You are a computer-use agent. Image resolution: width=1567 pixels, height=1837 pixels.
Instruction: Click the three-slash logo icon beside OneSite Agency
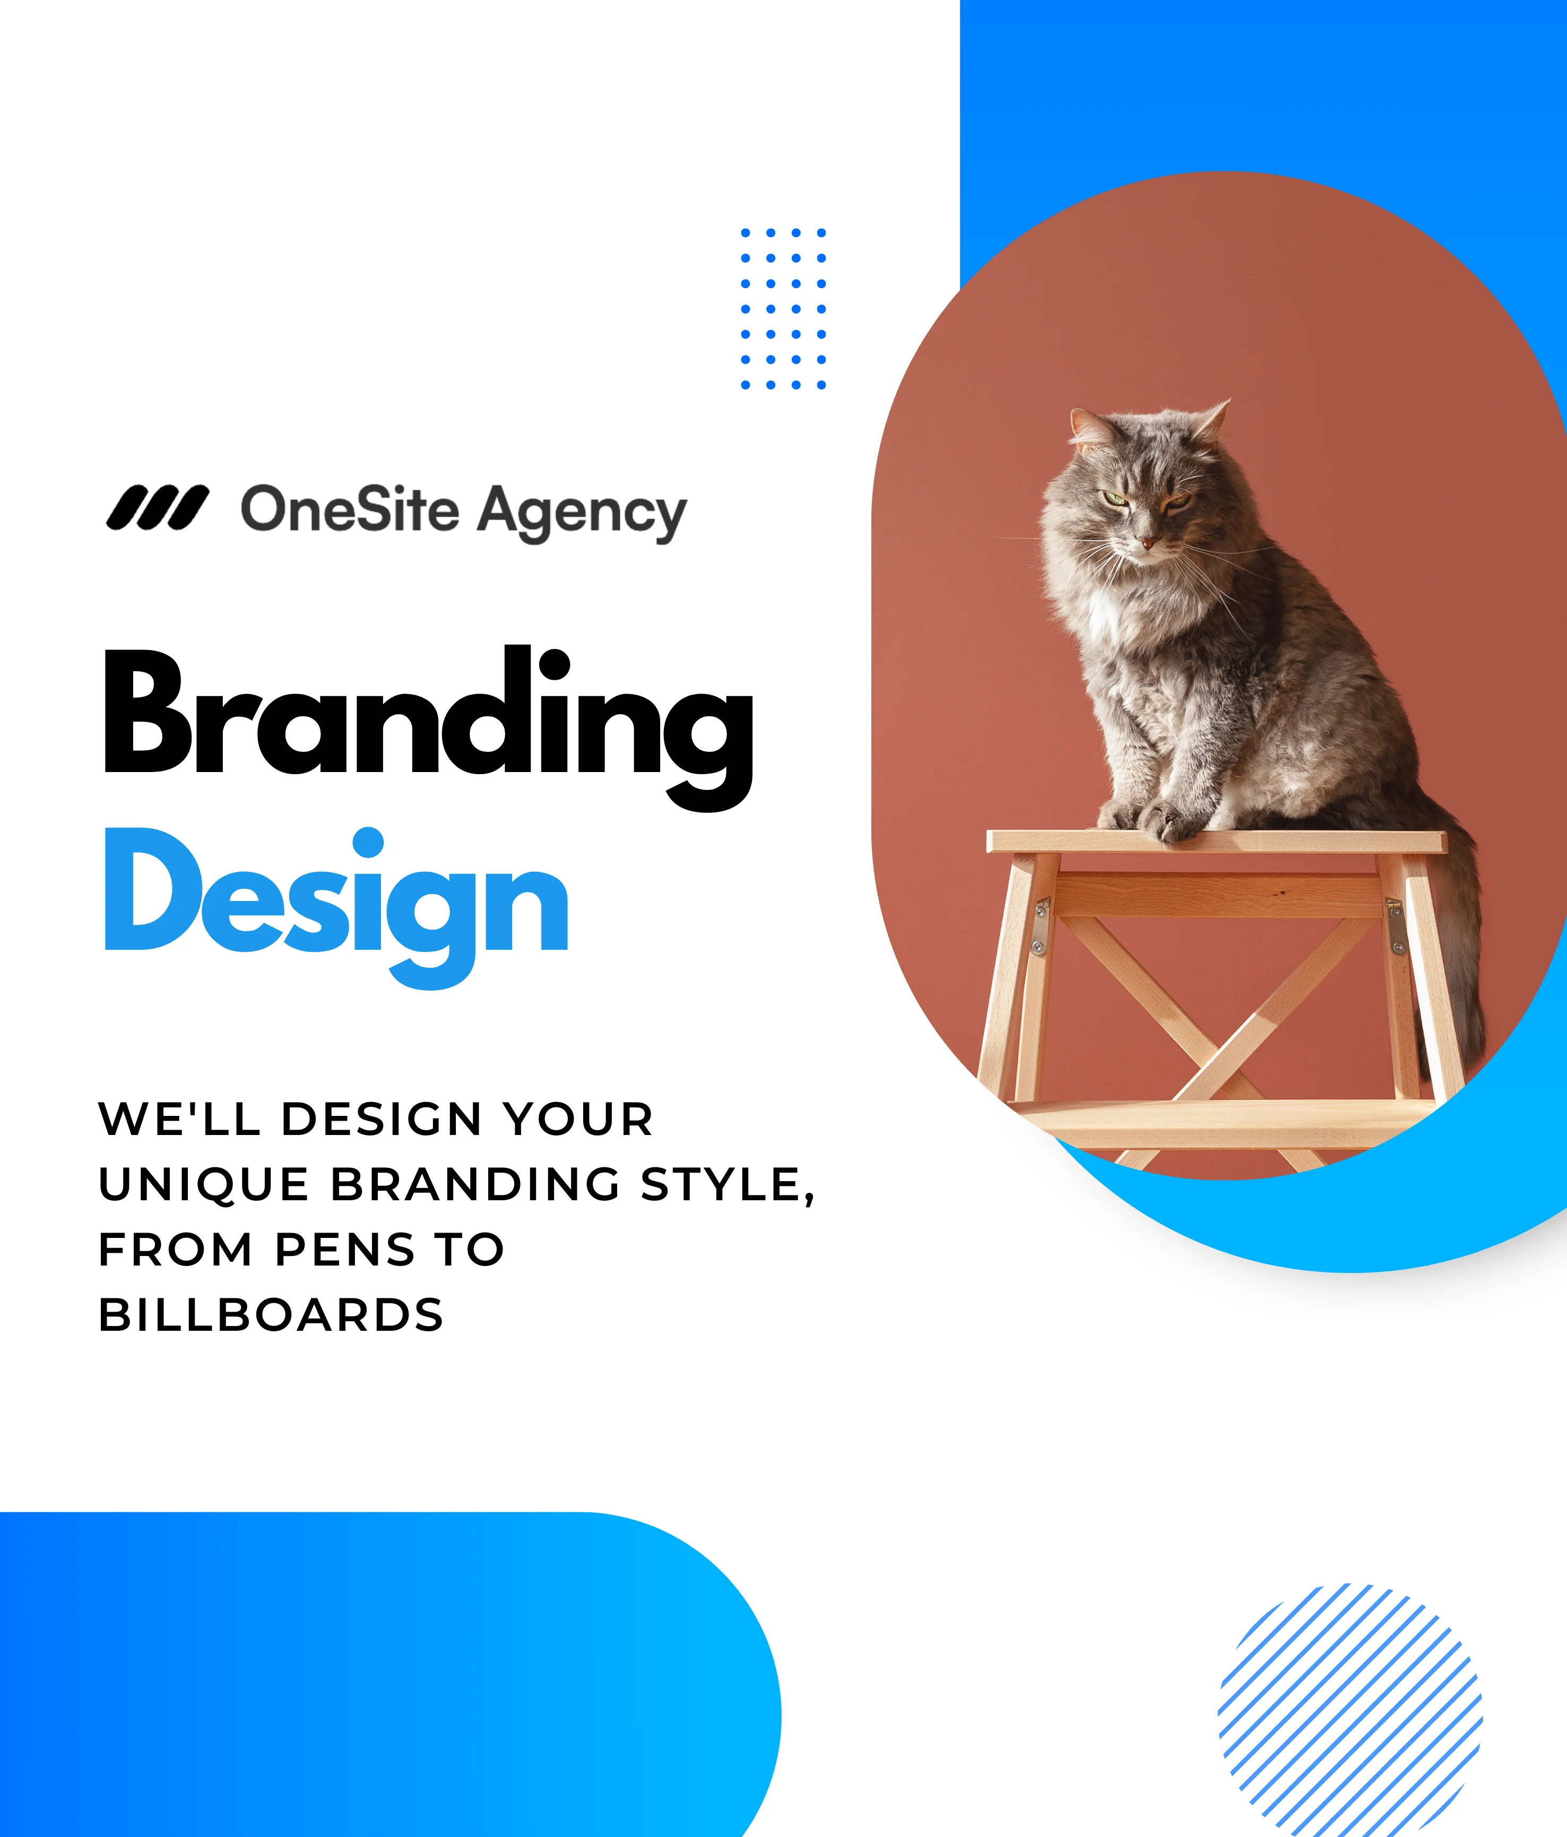point(157,508)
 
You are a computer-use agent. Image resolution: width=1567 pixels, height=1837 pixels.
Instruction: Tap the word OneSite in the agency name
point(350,510)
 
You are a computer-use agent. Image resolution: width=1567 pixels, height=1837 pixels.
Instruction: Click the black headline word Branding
point(428,727)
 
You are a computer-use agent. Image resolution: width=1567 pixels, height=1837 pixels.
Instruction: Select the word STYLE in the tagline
point(727,1185)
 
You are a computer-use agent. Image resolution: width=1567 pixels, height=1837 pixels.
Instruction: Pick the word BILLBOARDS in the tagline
point(271,1315)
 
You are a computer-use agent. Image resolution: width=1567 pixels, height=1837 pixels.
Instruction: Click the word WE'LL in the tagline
point(180,1119)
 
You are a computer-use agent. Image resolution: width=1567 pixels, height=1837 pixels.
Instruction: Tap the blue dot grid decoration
point(784,308)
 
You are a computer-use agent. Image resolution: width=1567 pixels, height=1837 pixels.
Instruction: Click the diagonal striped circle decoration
point(1350,1714)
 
